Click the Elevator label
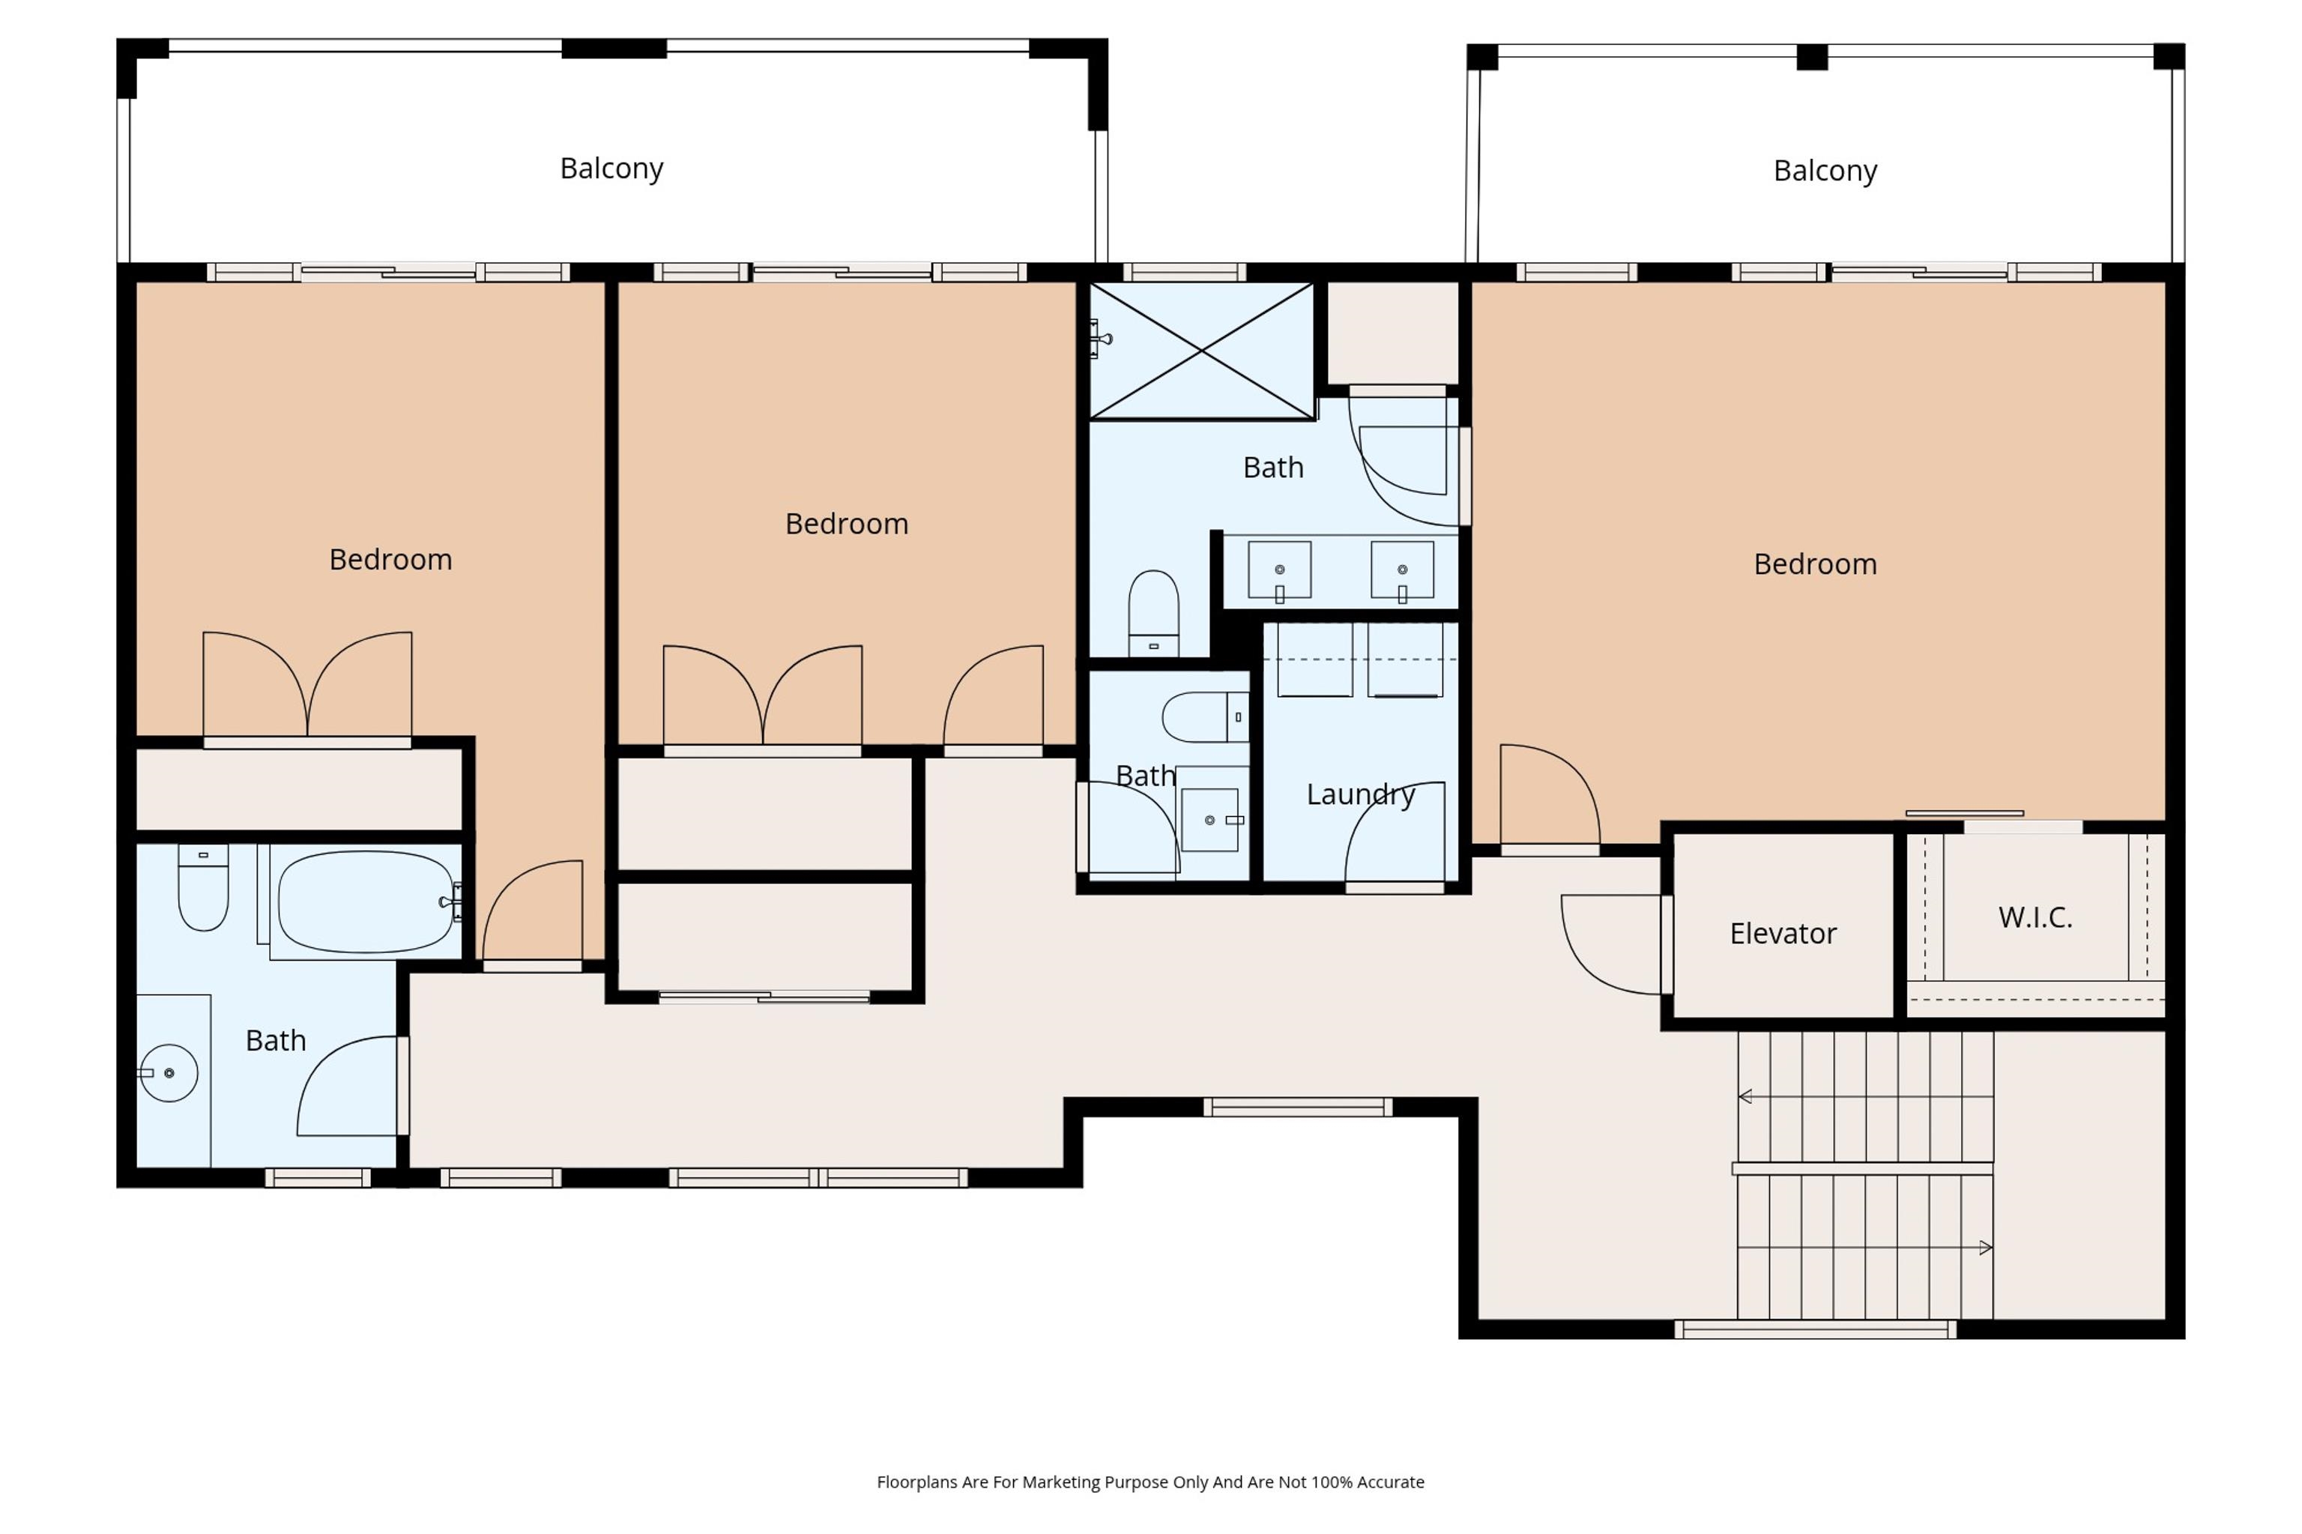click(x=1783, y=933)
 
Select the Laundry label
click(x=1360, y=794)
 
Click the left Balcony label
click(x=611, y=169)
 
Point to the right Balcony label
click(x=1825, y=170)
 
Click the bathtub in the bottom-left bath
click(x=365, y=901)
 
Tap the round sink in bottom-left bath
click(x=169, y=1073)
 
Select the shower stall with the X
click(x=1201, y=350)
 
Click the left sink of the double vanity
click(x=1278, y=570)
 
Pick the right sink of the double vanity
click(x=1402, y=570)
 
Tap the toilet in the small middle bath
click(x=1205, y=717)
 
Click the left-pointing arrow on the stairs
click(x=1745, y=1096)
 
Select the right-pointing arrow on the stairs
click(x=1985, y=1247)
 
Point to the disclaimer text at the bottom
click(x=1150, y=1482)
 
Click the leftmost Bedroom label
click(x=390, y=560)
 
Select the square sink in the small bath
click(x=1210, y=820)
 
